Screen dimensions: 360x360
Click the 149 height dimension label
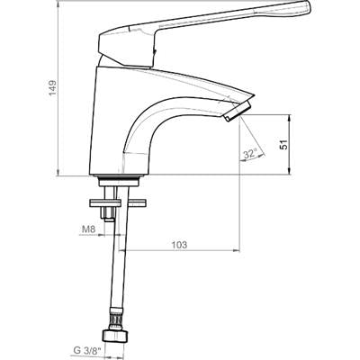click(53, 87)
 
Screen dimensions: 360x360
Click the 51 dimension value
click(283, 144)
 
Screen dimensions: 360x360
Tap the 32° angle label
click(250, 154)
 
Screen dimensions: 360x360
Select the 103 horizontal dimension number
click(179, 245)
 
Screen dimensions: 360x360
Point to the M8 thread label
click(88, 229)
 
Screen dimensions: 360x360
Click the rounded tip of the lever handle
click(307, 8)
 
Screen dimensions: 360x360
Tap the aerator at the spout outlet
click(238, 112)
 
